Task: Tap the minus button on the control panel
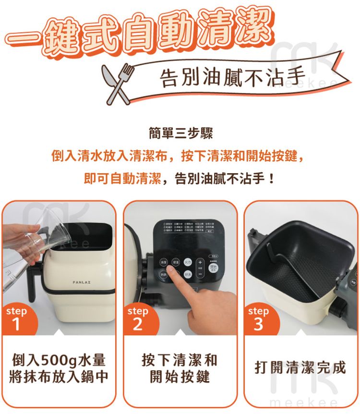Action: (200, 274)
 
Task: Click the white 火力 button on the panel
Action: (188, 262)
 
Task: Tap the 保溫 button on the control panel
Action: (176, 262)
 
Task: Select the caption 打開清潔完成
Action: (300, 368)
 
